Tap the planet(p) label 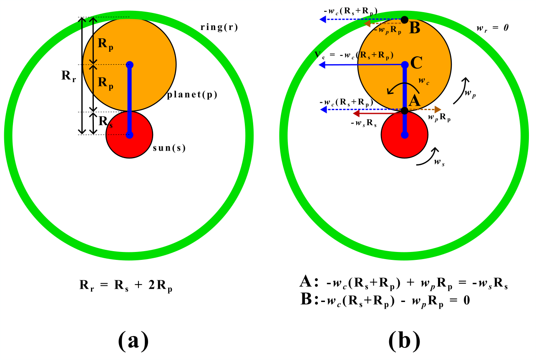coord(192,95)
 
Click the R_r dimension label coord(68,76)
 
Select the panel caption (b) coord(404,341)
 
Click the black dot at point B coord(404,20)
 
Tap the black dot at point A coord(404,111)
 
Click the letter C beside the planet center coord(417,63)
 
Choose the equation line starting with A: coord(403,284)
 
